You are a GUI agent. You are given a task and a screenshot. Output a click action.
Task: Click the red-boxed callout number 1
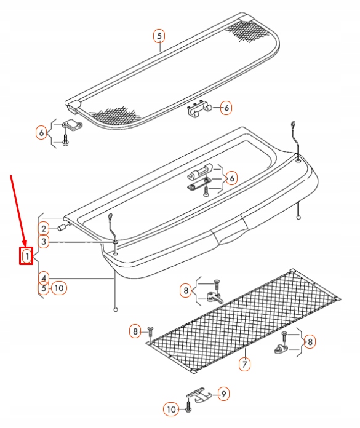[x=26, y=255]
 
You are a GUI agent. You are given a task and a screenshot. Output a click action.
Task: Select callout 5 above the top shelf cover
[x=159, y=36]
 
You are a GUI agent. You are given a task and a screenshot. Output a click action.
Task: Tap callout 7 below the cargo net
[x=244, y=364]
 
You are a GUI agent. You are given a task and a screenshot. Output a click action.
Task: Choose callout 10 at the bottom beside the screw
[x=170, y=408]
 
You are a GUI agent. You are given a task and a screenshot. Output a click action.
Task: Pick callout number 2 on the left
[x=44, y=229]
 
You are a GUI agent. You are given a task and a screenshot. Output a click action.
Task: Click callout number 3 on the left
[x=44, y=242]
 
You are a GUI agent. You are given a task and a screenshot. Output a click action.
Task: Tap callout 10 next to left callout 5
[x=59, y=287]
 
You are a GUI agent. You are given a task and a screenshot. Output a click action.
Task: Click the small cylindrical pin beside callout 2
[x=62, y=228]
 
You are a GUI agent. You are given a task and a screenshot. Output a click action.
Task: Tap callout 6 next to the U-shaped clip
[x=226, y=108]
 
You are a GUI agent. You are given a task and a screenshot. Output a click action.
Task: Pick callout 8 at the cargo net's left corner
[x=135, y=332]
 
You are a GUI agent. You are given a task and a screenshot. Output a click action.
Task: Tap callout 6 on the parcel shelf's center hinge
[x=231, y=178]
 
